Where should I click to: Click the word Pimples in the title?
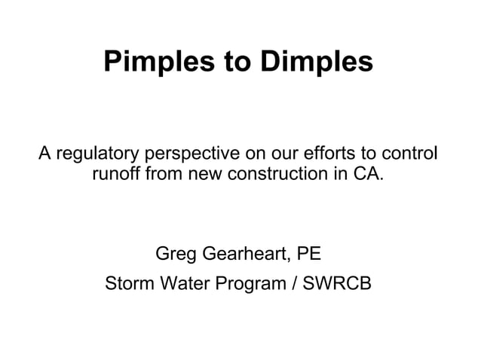point(153,63)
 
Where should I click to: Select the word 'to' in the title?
point(232,63)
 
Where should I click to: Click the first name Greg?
point(173,252)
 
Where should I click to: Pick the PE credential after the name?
point(311,252)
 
